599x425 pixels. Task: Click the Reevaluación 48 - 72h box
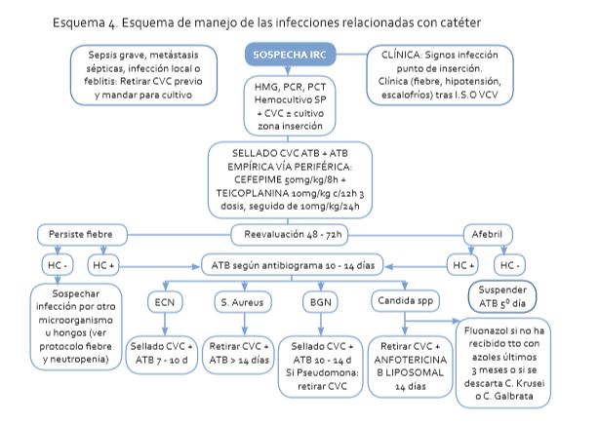click(289, 235)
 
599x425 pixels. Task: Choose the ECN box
click(164, 302)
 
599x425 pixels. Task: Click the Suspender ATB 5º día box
click(504, 295)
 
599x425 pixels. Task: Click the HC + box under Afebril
click(461, 264)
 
